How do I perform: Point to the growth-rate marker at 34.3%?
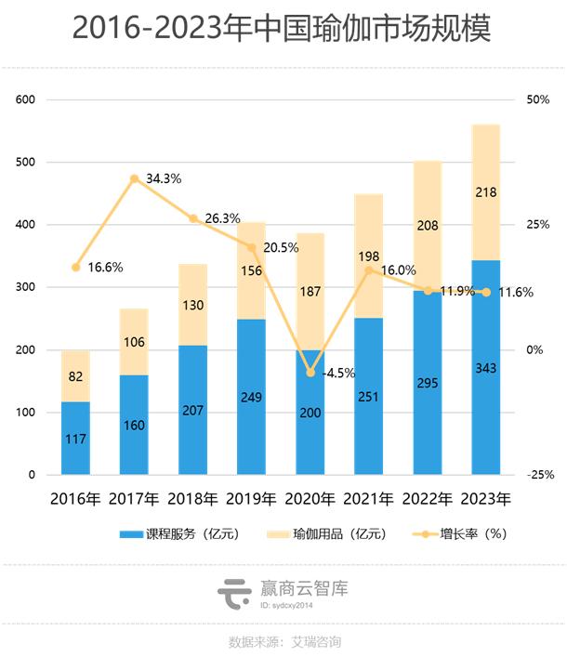tap(134, 178)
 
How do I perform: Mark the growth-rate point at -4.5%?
tap(310, 373)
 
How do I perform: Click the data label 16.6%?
tap(105, 268)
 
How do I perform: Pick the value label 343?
tap(485, 369)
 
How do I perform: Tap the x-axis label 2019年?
tap(251, 499)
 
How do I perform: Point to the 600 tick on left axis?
tap(25, 99)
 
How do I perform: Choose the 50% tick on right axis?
tap(538, 99)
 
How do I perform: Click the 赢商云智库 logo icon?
tap(233, 591)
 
